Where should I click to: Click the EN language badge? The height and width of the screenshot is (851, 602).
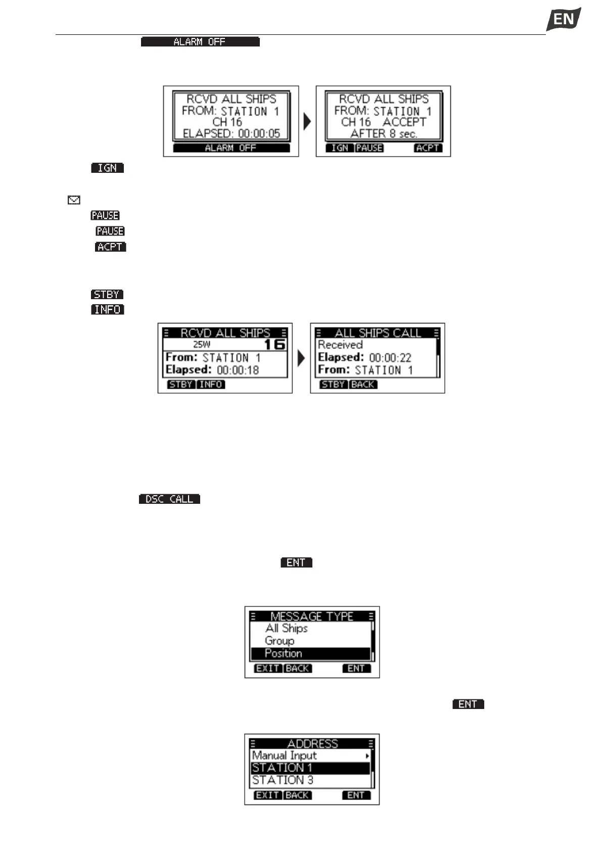[x=563, y=19]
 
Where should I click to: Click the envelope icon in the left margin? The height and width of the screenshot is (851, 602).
[x=74, y=201]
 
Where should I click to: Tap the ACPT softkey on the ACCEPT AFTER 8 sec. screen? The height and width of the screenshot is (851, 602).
[x=428, y=148]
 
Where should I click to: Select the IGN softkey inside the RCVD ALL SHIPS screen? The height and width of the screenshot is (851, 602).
[x=340, y=148]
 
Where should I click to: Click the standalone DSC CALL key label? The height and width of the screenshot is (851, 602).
[x=169, y=499]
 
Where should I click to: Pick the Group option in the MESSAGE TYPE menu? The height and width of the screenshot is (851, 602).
[x=280, y=641]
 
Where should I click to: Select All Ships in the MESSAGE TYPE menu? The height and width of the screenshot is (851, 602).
[x=287, y=628]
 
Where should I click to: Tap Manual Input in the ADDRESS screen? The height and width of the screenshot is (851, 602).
[x=284, y=755]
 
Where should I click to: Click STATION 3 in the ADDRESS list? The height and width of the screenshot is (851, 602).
[x=283, y=780]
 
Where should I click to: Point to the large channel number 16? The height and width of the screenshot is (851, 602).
[x=274, y=345]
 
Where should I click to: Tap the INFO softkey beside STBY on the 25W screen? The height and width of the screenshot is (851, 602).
[x=211, y=385]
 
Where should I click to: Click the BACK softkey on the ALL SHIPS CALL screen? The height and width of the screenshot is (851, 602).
[x=363, y=385]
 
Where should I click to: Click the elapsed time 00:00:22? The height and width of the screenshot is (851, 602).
[x=390, y=358]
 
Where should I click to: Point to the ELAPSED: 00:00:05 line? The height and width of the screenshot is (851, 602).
[x=231, y=134]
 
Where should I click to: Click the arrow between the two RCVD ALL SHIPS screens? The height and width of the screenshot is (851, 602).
[x=307, y=121]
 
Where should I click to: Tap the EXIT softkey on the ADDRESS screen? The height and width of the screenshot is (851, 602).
[x=267, y=795]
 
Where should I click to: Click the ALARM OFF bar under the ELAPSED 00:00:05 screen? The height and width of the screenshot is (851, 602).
[x=231, y=148]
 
